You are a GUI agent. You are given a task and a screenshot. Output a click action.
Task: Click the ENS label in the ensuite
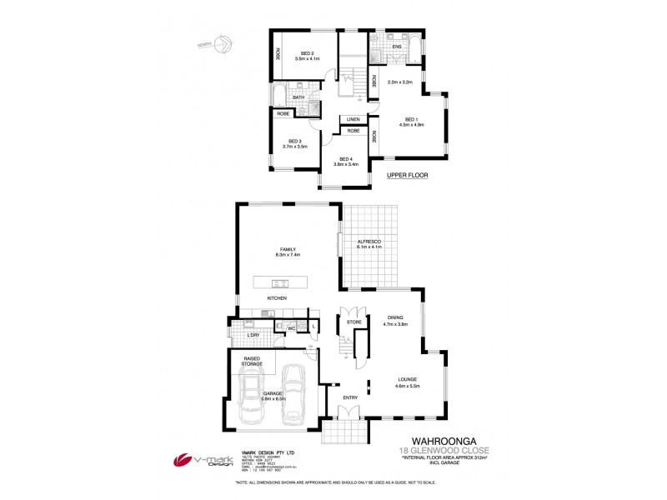click(397, 47)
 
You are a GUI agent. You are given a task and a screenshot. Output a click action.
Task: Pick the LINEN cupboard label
click(354, 119)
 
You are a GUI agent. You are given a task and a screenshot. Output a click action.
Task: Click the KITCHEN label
click(277, 297)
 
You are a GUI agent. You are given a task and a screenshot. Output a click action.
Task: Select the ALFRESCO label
click(368, 241)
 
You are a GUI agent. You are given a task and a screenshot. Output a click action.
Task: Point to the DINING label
click(395, 318)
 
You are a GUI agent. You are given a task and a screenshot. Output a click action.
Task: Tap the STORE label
click(354, 321)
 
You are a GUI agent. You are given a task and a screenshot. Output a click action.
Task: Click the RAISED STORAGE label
click(253, 360)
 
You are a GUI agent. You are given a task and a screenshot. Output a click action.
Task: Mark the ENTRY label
click(350, 397)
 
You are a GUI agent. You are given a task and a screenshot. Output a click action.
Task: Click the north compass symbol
click(223, 46)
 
